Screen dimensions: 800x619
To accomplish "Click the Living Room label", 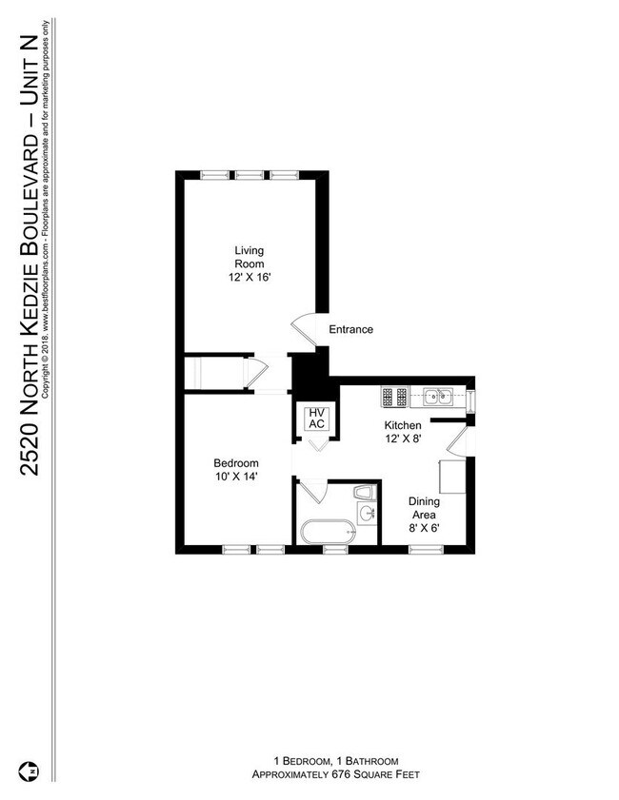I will (250, 257).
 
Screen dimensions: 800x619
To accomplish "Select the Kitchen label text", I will (402, 425).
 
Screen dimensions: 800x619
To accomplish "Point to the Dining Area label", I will (424, 508).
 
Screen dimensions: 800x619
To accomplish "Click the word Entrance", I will (350, 330).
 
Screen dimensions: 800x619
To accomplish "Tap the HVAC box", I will (316, 420).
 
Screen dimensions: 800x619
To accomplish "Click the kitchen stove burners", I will (394, 395).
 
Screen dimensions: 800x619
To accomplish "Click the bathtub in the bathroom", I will (326, 533).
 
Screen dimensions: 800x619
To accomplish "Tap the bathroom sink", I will (369, 514).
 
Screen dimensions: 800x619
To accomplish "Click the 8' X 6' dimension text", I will (424, 528).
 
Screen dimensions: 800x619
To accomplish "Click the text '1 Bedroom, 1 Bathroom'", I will (335, 761).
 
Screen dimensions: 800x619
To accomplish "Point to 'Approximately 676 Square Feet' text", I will (335, 775).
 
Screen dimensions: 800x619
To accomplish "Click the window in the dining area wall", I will (423, 549).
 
